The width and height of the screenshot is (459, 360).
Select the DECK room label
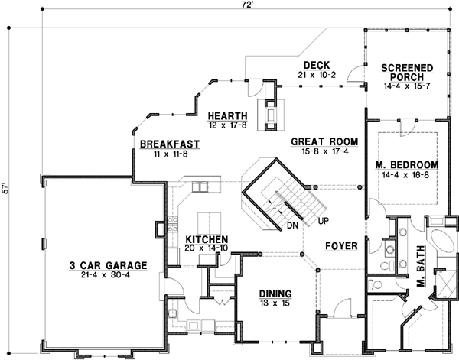315,65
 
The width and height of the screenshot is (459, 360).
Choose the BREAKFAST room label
169,144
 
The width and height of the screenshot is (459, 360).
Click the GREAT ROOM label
321,142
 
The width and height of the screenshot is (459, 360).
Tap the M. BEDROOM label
407,165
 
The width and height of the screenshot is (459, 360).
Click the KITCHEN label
203,238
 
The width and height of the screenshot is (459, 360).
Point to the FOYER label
337,247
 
